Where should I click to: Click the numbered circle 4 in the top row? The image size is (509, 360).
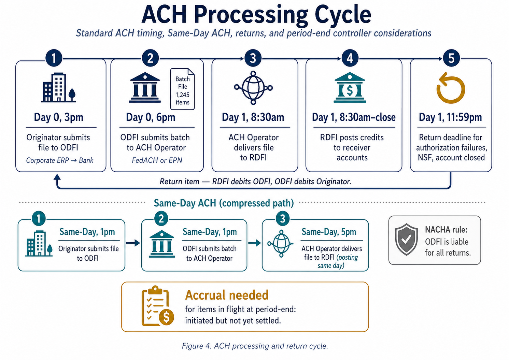350,58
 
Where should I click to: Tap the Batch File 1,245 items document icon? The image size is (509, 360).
182,89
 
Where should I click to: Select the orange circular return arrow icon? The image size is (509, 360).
451,88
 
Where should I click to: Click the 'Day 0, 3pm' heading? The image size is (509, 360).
58,117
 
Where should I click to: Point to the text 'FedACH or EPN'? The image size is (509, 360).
157,160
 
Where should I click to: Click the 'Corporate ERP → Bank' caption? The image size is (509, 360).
60,160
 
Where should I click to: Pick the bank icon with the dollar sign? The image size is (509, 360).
350,88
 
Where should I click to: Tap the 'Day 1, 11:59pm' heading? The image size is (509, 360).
450,117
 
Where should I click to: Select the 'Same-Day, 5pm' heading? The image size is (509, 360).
328,232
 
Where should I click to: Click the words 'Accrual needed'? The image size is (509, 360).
227,295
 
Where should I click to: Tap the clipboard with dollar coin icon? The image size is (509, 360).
157,306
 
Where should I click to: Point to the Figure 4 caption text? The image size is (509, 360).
255,346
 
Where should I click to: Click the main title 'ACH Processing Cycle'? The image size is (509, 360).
256,14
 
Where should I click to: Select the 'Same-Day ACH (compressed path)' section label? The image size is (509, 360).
224,203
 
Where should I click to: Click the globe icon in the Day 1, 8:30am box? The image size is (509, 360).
253,88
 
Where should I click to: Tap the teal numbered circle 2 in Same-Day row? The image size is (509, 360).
161,219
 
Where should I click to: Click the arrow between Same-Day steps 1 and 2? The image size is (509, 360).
133,243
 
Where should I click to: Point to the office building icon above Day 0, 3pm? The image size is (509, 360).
58,88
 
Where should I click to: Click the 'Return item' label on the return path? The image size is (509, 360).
179,182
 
